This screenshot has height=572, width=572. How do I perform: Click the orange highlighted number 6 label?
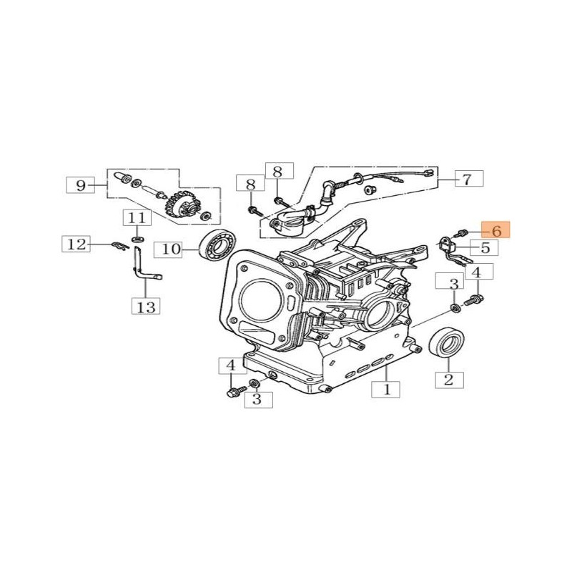coord(495,230)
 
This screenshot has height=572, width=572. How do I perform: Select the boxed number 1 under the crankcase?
coord(387,390)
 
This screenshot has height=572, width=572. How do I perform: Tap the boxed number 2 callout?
coord(448,379)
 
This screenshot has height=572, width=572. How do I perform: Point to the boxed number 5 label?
coord(485,248)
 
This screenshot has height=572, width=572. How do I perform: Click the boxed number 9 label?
coord(81,186)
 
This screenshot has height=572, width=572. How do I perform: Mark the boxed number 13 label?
coord(145,307)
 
